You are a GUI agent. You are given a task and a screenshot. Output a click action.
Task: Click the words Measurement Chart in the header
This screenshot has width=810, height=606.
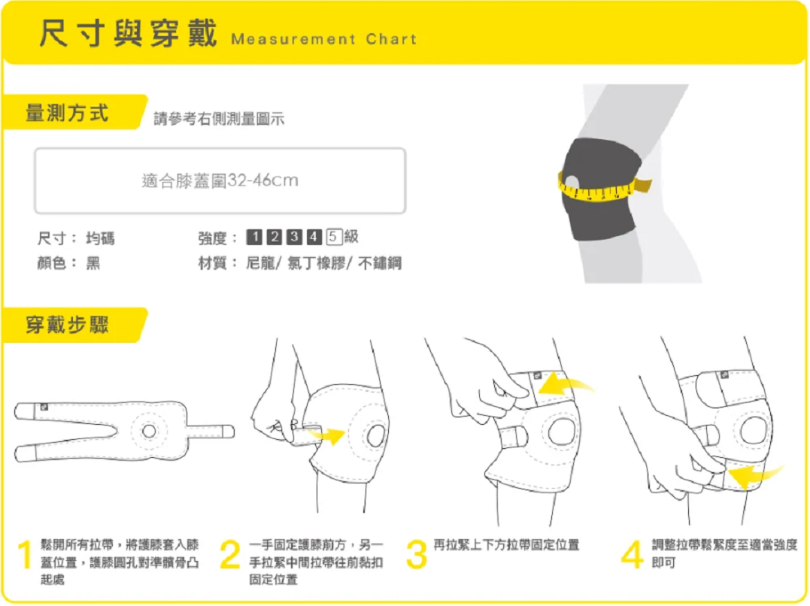coord(323,39)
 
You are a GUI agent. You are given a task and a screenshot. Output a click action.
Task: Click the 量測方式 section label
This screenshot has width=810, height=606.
coord(68,113)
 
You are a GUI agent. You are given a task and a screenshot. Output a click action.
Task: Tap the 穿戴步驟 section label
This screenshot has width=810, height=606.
coord(68,325)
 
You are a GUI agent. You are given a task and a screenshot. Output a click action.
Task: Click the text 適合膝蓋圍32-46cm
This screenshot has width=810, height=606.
coord(220,180)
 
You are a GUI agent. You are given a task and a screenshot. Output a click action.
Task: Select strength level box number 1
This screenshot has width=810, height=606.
coord(254,238)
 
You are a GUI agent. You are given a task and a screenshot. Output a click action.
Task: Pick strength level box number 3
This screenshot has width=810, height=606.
coord(295,238)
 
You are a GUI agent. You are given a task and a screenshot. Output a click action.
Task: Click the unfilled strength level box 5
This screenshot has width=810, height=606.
coord(335,238)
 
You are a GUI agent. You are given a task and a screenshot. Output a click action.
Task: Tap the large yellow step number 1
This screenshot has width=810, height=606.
coord(25,556)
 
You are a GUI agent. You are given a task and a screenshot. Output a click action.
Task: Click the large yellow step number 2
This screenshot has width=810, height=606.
coord(229,556)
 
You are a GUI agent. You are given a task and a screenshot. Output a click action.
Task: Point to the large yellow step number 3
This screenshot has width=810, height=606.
coord(416,556)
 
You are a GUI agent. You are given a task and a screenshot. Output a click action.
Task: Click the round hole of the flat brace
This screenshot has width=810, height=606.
coord(148,431)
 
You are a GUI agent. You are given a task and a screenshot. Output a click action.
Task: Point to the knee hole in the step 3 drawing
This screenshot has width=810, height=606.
coord(561,431)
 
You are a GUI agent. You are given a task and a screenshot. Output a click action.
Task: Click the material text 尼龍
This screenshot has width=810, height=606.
coord(261,263)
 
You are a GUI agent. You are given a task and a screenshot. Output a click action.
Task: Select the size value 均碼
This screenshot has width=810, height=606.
coord(100,238)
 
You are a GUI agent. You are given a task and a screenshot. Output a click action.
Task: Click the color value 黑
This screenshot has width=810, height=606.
coord(93,263)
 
